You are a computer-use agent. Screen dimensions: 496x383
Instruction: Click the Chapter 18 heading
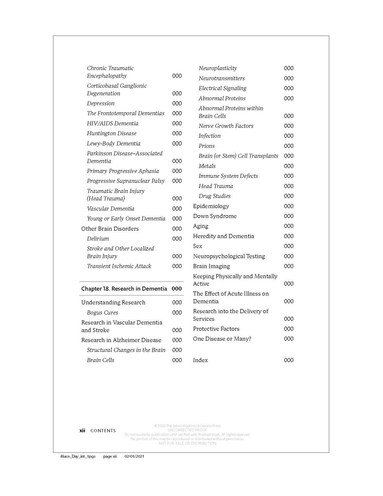click(124, 289)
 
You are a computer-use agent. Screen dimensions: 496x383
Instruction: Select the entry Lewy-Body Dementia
click(113, 143)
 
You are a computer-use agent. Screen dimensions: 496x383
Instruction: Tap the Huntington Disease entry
click(111, 133)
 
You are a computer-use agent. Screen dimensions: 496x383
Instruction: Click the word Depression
click(101, 103)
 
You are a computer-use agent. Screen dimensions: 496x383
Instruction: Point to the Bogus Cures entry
click(102, 312)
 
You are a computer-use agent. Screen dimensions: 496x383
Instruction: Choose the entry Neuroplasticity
click(218, 68)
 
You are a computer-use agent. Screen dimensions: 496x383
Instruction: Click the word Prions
click(206, 146)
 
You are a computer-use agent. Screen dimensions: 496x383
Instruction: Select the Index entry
click(200, 360)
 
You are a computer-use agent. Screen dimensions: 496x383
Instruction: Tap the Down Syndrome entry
click(214, 216)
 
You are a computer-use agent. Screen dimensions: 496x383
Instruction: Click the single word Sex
click(198, 246)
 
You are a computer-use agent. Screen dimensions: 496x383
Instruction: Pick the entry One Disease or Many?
click(222, 339)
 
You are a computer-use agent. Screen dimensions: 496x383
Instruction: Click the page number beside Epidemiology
click(289, 206)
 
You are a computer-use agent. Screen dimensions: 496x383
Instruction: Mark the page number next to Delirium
click(177, 239)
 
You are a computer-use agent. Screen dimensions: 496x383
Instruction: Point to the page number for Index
click(289, 360)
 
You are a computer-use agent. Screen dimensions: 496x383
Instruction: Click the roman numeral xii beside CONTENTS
click(82, 430)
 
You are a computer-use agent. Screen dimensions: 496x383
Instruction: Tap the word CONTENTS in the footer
click(103, 431)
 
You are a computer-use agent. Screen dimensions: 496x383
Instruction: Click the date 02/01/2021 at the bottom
click(134, 457)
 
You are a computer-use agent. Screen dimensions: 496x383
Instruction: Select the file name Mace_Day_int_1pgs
click(78, 457)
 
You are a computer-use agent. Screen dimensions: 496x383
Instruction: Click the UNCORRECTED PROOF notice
click(187, 430)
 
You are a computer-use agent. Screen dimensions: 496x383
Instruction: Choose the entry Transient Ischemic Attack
click(119, 266)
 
